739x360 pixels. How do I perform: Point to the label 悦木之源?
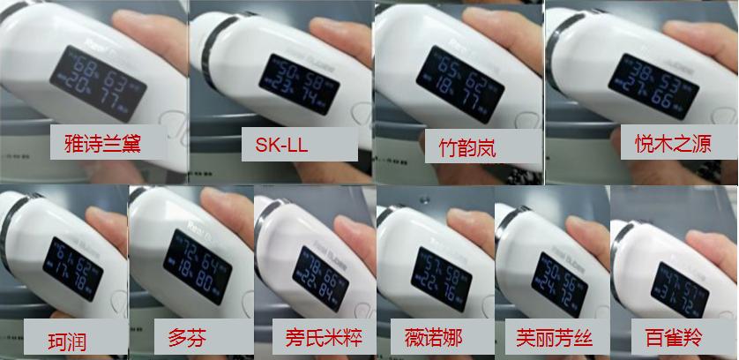point(667,143)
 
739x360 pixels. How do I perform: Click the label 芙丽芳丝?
point(550,337)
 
